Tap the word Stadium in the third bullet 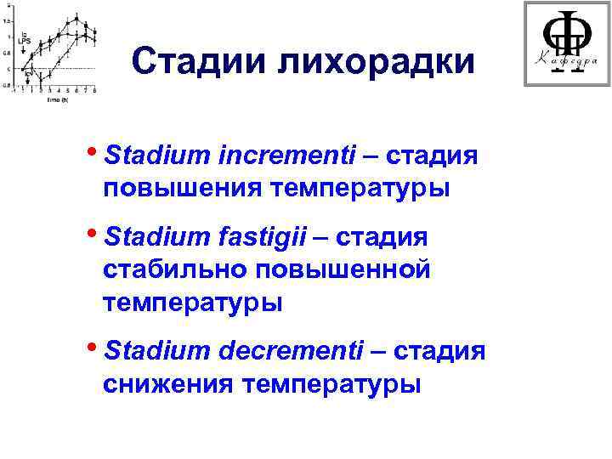click(x=164, y=351)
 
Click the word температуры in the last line click(x=331, y=384)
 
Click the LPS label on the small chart click(x=25, y=40)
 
